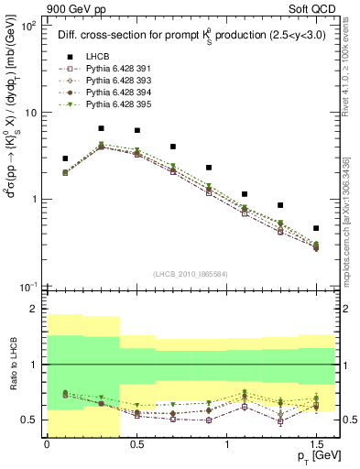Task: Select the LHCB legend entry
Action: pyautogui.click(x=95, y=56)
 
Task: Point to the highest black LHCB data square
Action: pyautogui.click(x=101, y=129)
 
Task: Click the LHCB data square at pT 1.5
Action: pyautogui.click(x=316, y=228)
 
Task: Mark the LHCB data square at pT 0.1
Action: pyautogui.click(x=65, y=158)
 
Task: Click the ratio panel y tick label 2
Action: pyautogui.click(x=34, y=310)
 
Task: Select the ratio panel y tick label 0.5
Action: pyautogui.click(x=30, y=420)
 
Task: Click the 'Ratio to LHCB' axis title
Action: pyautogui.click(x=12, y=364)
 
